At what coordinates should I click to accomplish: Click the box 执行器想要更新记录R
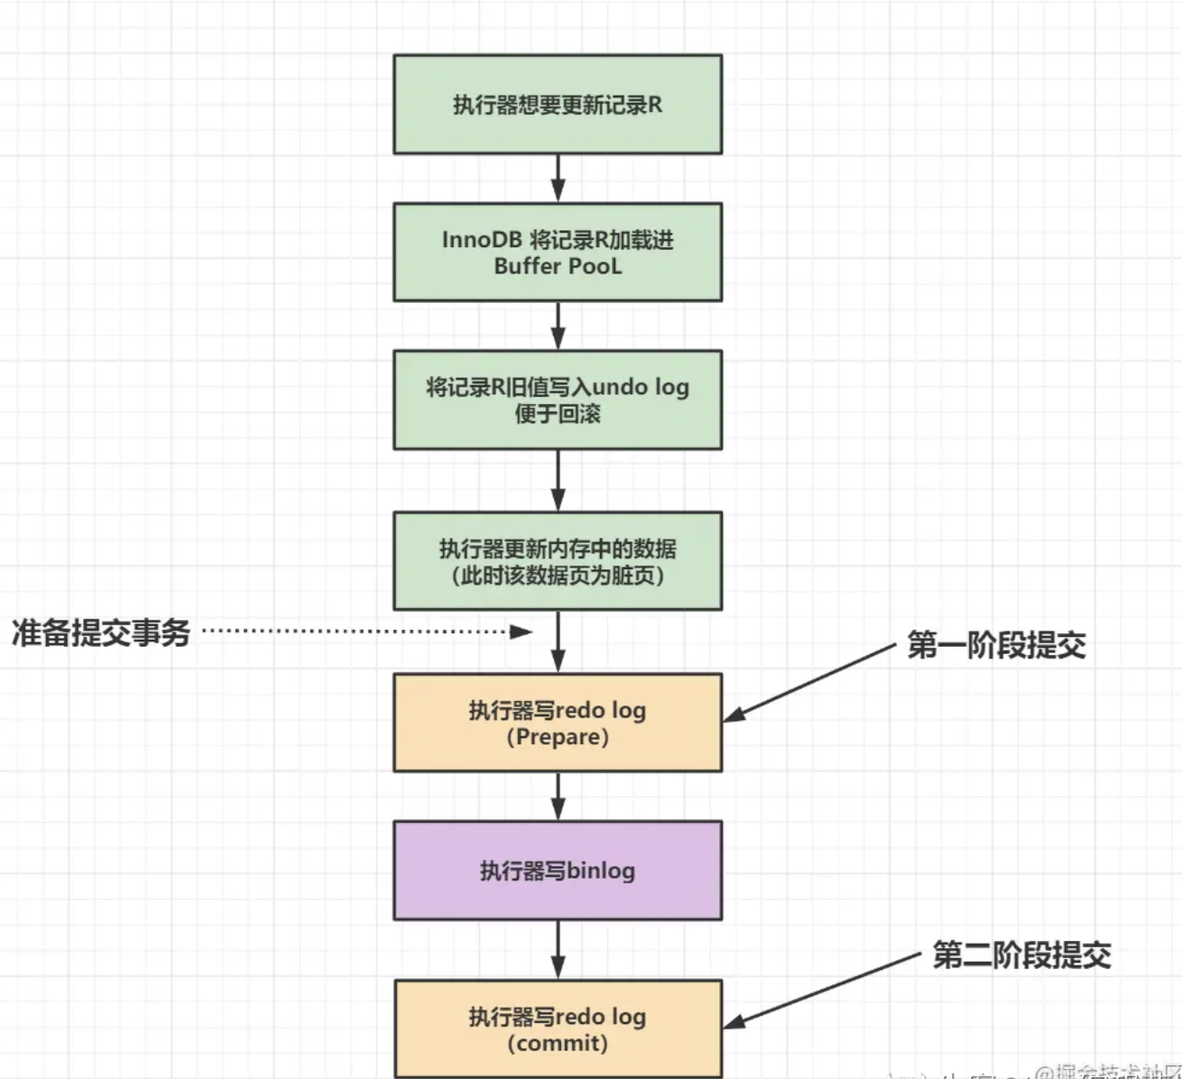(558, 105)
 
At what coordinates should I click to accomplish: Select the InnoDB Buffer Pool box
(558, 253)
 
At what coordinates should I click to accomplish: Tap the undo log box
(558, 400)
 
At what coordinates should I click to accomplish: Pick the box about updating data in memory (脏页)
(558, 561)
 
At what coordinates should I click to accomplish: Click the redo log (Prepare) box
(558, 723)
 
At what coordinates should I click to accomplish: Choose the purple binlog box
(558, 871)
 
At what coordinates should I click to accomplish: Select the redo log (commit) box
(558, 1029)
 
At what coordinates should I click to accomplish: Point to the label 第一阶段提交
(996, 645)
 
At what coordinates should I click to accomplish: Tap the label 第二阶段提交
(1021, 955)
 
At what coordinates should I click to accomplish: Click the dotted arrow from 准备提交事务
(361, 632)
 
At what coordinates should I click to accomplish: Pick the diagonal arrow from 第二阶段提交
(821, 990)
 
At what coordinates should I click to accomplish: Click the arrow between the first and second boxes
(558, 178)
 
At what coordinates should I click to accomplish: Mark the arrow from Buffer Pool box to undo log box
(558, 326)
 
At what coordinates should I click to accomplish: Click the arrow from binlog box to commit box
(558, 950)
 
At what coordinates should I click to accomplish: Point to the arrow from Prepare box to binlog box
(558, 796)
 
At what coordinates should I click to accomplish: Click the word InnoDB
(482, 240)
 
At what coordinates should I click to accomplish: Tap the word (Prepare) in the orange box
(558, 737)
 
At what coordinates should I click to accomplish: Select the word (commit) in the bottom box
(558, 1044)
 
